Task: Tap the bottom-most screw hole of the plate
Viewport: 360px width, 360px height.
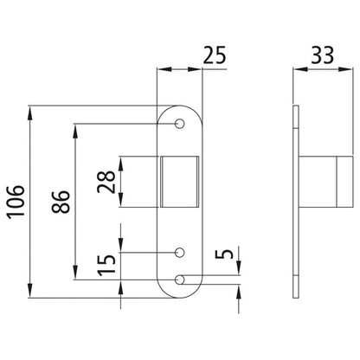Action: pyautogui.click(x=180, y=279)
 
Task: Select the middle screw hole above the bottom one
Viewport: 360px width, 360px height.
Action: pyautogui.click(x=180, y=253)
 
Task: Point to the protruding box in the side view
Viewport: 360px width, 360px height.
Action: pyautogui.click(x=325, y=180)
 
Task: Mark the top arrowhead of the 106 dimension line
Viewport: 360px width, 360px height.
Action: pyautogui.click(x=31, y=110)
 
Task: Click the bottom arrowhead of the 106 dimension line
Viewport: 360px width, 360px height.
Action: pyautogui.click(x=31, y=292)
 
